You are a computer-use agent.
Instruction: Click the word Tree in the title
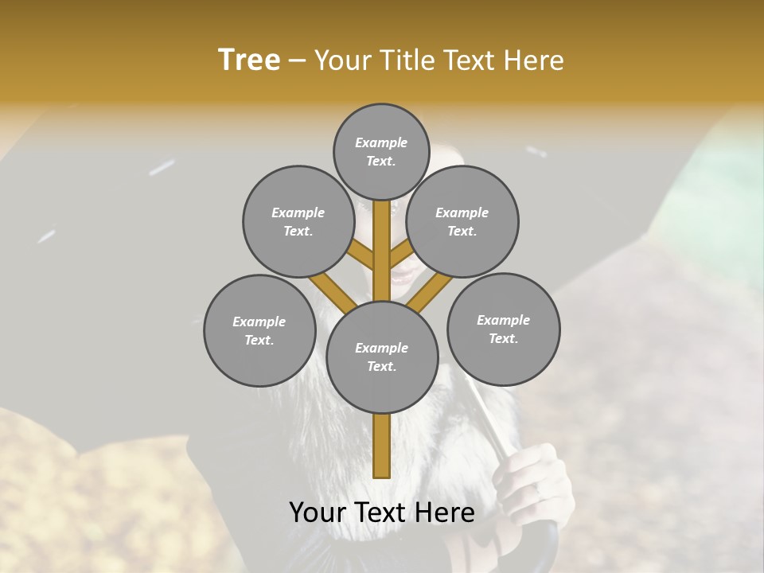249,60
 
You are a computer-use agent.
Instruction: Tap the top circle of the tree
381,151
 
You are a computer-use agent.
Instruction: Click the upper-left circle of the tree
298,221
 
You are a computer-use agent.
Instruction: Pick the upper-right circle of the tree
462,221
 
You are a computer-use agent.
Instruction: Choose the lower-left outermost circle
259,330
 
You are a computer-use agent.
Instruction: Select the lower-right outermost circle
504,329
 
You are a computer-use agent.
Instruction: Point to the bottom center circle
382,357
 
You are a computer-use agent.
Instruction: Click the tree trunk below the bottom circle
382,446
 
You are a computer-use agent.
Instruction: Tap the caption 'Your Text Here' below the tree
382,513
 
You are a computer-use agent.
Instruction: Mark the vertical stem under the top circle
382,239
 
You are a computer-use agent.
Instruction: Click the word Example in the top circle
381,142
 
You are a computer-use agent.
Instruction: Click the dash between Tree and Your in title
297,60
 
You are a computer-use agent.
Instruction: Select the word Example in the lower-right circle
503,320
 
